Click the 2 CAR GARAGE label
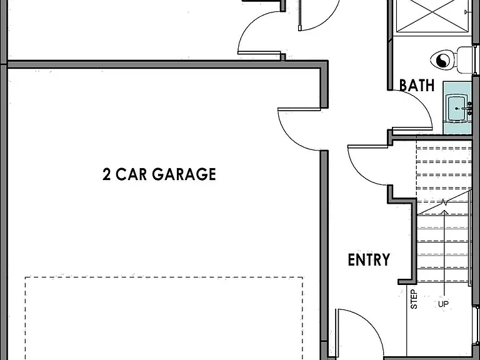click(x=159, y=174)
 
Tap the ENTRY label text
click(x=369, y=259)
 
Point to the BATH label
click(x=417, y=85)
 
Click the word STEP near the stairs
click(x=414, y=299)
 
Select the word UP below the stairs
click(x=443, y=304)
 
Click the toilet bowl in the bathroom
click(x=443, y=60)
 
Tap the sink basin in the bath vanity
click(x=457, y=107)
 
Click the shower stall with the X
click(x=432, y=16)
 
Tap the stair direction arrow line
click(x=444, y=255)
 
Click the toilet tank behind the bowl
click(x=464, y=60)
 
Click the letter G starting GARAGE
click(x=159, y=174)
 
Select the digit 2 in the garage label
click(x=106, y=174)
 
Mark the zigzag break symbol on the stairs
click(x=444, y=202)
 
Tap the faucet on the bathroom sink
click(x=466, y=108)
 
